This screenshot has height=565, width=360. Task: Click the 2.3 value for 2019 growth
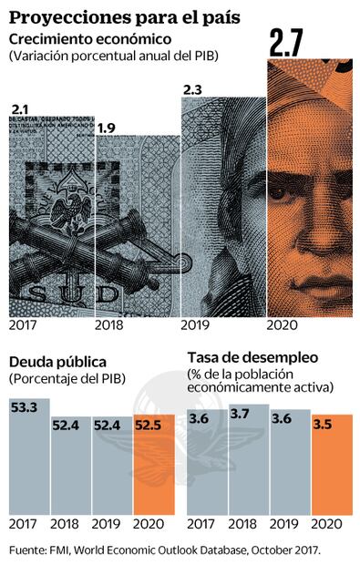(x=194, y=90)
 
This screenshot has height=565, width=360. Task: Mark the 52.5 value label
(x=151, y=424)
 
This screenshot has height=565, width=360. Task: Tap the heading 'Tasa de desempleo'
(x=251, y=356)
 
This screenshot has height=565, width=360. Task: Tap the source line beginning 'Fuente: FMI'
(x=165, y=550)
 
